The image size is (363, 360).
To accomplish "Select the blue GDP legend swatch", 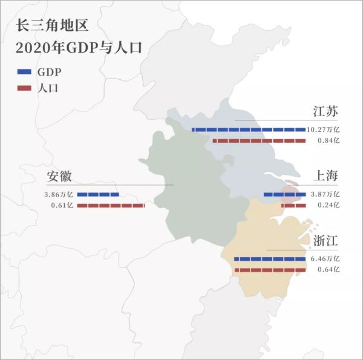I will pos(24,72).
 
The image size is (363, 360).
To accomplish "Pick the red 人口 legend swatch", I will pos(24,88).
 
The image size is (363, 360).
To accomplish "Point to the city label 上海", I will pos(325,176).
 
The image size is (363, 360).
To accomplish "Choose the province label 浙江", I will pos(325,241).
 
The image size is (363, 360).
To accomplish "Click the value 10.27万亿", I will pos(323,129).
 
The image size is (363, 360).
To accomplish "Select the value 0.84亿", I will pos(329,140).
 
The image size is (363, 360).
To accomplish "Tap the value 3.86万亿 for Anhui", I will pos(58,195).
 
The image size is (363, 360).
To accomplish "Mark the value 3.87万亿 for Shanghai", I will pos(324,195).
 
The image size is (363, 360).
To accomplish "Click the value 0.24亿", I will pos(329,206).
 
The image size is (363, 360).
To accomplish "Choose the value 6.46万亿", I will pos(324,259).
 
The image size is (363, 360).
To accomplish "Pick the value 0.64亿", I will pos(329,270).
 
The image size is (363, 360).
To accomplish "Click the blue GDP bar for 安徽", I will pos(98,195).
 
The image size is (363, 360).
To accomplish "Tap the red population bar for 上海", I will pos(293,206).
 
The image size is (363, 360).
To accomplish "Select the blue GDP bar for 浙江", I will pos(270,259).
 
